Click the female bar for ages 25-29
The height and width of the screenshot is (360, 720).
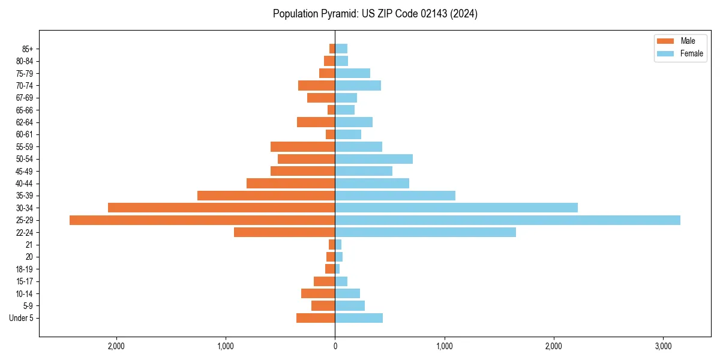508,220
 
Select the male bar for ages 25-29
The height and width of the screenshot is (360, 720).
202,220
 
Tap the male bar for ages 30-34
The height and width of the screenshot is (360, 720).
221,208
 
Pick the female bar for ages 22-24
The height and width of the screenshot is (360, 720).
425,232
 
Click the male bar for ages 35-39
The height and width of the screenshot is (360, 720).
266,196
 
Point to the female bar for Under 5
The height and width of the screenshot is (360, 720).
359,318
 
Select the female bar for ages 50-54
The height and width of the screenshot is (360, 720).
374,159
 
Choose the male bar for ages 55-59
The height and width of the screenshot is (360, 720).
302,146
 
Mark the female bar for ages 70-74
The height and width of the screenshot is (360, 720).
358,85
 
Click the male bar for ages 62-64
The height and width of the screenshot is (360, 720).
316,122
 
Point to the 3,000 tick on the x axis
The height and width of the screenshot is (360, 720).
663,346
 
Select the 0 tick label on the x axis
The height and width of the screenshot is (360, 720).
335,346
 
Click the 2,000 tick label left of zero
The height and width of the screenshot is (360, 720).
116,346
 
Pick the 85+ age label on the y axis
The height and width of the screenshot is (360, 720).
28,49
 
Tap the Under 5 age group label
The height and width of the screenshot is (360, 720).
22,318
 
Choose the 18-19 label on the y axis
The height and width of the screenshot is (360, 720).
25,269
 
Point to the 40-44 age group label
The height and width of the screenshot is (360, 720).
25,183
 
